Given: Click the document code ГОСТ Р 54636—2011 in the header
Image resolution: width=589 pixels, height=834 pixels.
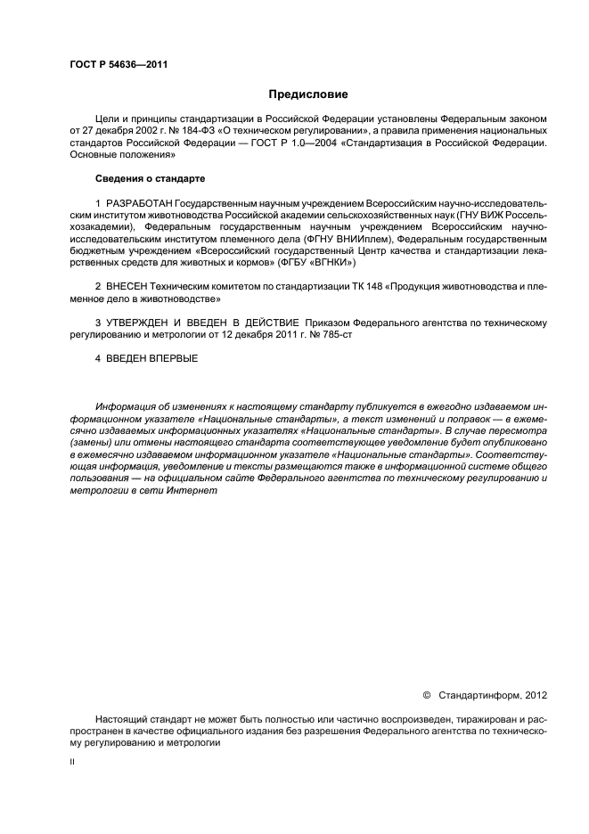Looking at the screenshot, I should tap(118, 64).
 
